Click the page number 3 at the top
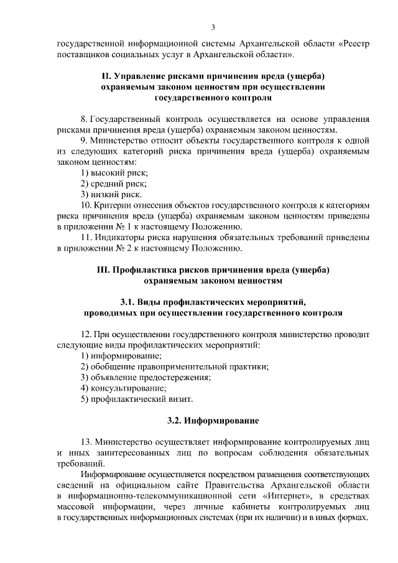click(x=213, y=27)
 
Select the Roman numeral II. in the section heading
click(x=108, y=77)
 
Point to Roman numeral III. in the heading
click(x=104, y=269)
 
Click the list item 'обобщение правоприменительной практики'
click(x=175, y=366)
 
